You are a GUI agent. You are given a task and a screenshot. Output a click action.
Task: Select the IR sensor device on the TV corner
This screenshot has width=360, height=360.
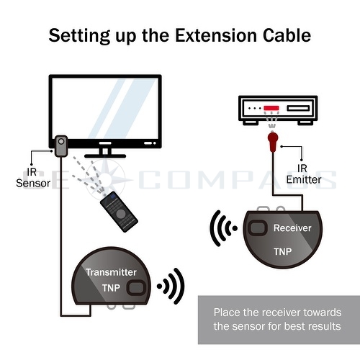coord(60,148)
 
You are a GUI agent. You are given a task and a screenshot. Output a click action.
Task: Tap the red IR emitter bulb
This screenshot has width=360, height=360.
coord(272,138)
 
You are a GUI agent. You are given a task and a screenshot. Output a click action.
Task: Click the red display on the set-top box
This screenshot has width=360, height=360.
coord(271,109)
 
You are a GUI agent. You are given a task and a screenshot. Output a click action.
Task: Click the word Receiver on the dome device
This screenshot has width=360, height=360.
coord(292,228)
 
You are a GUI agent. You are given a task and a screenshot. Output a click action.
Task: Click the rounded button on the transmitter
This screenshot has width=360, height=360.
coord(135,289)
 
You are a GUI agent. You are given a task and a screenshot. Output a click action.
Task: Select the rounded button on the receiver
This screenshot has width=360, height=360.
coord(254,230)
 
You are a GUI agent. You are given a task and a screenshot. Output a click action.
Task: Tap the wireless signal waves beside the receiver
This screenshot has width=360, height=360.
coord(223,230)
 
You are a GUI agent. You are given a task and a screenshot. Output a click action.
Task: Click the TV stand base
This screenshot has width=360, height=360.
coord(107,152)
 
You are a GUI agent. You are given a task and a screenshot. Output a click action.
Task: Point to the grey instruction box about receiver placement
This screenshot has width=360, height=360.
coord(277,319)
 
